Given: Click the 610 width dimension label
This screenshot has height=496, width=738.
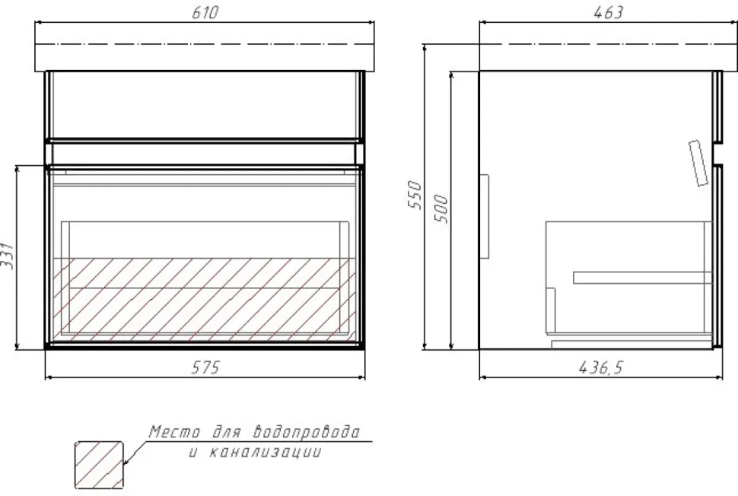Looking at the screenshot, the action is coord(205,12).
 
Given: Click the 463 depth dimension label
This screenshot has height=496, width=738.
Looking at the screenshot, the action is coord(608,12).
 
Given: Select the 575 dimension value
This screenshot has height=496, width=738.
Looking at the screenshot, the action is coord(205,367).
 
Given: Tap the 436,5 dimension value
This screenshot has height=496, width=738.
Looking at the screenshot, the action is coord(600,367).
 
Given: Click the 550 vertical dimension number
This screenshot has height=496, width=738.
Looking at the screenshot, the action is coord(415,194).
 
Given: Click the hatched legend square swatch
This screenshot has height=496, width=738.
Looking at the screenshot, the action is coord(99,465).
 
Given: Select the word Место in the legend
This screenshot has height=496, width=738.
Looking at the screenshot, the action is coord(175,431).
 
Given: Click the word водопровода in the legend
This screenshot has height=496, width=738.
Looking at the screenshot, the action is coord(307,431).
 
